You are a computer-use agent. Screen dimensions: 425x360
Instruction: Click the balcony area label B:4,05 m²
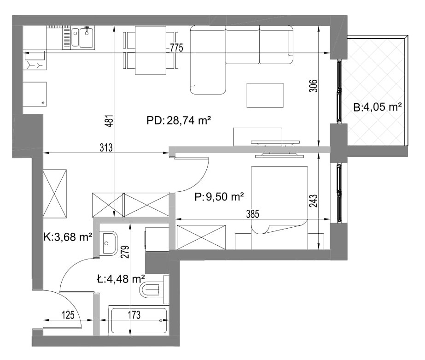[377, 107]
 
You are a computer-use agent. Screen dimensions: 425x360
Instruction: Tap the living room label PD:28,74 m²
[179, 120]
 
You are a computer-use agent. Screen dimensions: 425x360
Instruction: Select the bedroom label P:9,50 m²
[219, 196]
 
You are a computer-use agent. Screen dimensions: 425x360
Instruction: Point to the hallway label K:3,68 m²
[68, 237]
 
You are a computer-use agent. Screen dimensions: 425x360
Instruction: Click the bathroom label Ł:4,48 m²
[121, 278]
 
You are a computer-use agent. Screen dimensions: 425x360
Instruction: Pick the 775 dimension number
[177, 48]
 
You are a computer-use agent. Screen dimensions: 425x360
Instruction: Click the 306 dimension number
[314, 86]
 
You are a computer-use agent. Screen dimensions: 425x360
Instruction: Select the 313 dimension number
[106, 148]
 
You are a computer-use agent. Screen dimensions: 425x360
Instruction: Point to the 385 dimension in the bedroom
[253, 214]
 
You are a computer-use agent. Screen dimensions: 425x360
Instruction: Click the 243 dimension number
[313, 201]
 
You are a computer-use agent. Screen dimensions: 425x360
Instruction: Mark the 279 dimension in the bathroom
[125, 252]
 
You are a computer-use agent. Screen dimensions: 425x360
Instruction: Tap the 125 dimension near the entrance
[68, 315]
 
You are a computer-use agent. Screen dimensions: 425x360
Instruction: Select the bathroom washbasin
[109, 243]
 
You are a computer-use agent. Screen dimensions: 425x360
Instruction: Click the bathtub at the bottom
[139, 320]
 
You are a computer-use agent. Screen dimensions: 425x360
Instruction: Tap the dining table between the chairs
[151, 50]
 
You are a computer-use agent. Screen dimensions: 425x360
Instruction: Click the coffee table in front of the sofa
[265, 95]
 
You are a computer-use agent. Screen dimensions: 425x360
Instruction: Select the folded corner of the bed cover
[260, 230]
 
